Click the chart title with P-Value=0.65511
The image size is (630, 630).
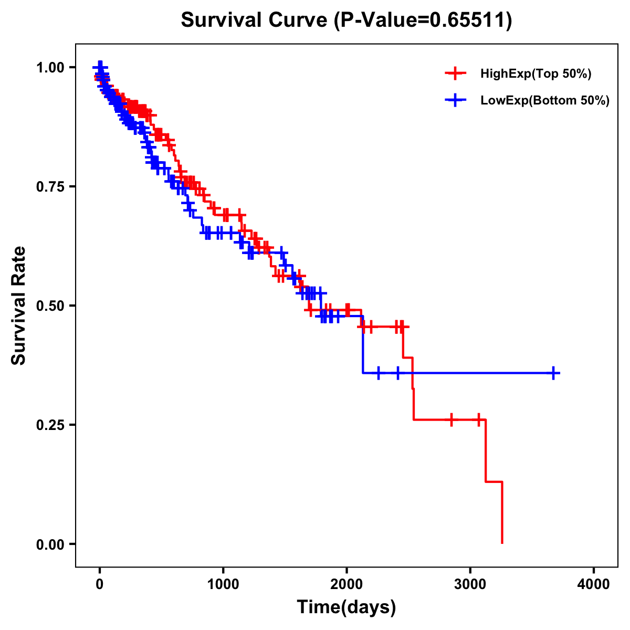tap(346, 20)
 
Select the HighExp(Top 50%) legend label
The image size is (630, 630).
tap(536, 74)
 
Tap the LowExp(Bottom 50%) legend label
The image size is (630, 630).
tap(545, 101)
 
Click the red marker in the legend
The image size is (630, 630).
tap(455, 74)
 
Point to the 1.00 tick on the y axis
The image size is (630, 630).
tap(50, 68)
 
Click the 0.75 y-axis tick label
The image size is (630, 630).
tap(50, 187)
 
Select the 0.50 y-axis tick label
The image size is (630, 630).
tap(50, 306)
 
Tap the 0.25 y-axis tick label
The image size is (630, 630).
tap(50, 425)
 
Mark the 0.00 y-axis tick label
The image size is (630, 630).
tap(50, 544)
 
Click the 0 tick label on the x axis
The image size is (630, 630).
tap(100, 584)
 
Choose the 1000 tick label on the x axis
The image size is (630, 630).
tap(223, 584)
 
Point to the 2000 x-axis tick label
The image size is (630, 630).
tap(346, 584)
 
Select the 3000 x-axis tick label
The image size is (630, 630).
tap(470, 584)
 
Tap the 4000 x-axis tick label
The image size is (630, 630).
tap(594, 584)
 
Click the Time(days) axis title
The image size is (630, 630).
tap(346, 607)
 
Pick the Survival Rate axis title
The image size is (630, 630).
tap(19, 306)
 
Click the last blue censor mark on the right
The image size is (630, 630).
tap(553, 373)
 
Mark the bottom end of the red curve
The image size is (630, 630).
tap(502, 543)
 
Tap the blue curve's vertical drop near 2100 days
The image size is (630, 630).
tap(363, 344)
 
